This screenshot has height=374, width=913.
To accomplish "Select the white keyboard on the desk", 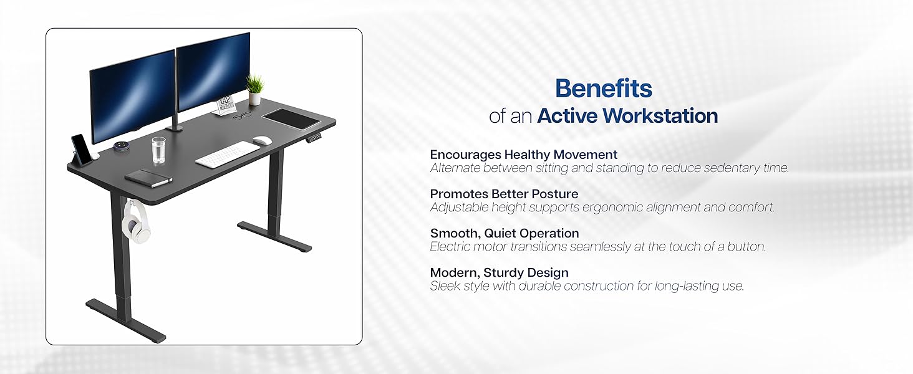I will pyautogui.click(x=227, y=154).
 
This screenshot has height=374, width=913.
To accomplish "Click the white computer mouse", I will pyautogui.click(x=263, y=140).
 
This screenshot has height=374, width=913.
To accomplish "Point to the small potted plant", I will pyautogui.click(x=254, y=90).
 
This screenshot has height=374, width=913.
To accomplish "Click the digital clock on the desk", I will pyautogui.click(x=225, y=105).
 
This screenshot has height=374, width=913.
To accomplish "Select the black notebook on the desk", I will pyautogui.click(x=148, y=177).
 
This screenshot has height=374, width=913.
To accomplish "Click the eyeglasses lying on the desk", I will pyautogui.click(x=242, y=115).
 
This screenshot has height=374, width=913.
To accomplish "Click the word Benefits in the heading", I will pyautogui.click(x=603, y=89).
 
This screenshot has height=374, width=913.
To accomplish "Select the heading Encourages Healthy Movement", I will pyautogui.click(x=523, y=155).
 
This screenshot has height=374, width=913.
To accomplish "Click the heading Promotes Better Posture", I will pyautogui.click(x=504, y=194).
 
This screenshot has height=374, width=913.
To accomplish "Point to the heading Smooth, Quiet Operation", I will pyautogui.click(x=505, y=233).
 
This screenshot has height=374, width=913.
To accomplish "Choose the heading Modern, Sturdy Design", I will pyautogui.click(x=499, y=272).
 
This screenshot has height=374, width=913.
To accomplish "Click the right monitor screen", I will pyautogui.click(x=213, y=69).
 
